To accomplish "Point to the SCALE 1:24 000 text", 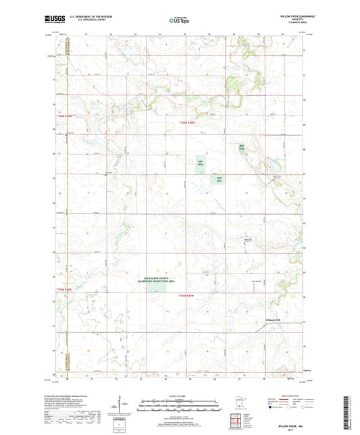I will point(180,396).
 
